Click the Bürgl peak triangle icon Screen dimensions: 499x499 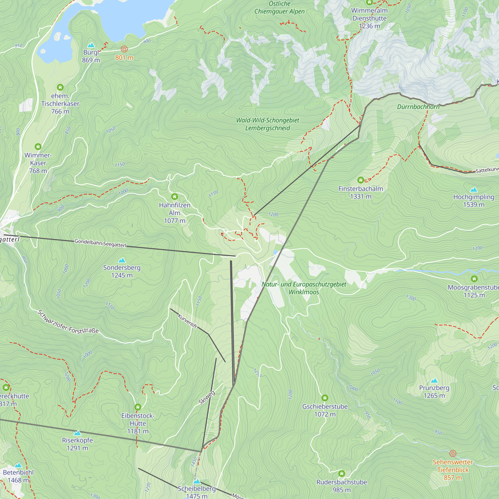click(x=91, y=45)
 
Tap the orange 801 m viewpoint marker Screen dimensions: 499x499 click(x=124, y=49)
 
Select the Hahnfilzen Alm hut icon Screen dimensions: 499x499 click(x=175, y=197)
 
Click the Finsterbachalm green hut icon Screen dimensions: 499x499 click(x=361, y=180)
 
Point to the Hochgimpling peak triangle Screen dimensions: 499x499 click(x=474, y=190)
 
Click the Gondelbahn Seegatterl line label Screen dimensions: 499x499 click(x=100, y=243)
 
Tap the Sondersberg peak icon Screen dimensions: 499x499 click(x=122, y=260)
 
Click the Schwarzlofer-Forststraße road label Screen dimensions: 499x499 click(x=68, y=322)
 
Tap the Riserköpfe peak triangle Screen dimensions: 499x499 click(x=77, y=433)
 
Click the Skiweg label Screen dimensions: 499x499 click(x=207, y=398)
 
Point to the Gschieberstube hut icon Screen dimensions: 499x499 click(x=325, y=398)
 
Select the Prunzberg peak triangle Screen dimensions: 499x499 click(x=434, y=381)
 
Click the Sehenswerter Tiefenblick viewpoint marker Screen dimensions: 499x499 click(x=453, y=453)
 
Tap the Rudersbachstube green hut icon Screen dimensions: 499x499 click(x=342, y=474)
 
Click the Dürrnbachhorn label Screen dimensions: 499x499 click(x=418, y=107)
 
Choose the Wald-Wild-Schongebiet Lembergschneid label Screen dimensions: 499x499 click(x=267, y=124)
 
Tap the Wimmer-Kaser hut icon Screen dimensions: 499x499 click(x=38, y=147)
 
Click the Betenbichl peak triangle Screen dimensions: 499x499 click(x=18, y=465)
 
